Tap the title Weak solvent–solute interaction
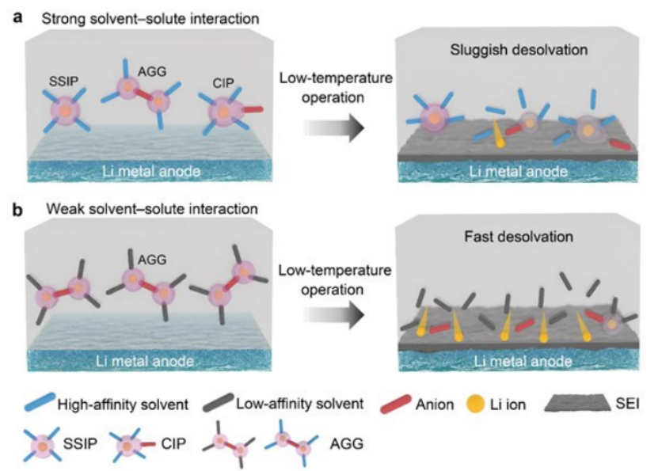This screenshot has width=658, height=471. point(127,209)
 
